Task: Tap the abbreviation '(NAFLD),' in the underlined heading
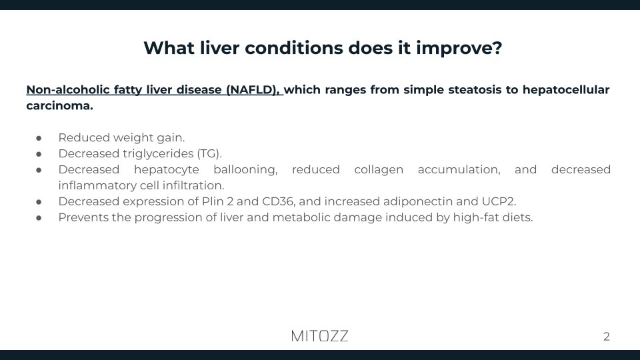point(255,89)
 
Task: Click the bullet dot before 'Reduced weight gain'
point(39,138)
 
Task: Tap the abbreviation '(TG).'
point(209,153)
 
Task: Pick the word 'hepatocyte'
point(166,169)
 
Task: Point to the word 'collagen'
point(378,169)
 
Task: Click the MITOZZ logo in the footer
point(320,336)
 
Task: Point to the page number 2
point(606,337)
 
